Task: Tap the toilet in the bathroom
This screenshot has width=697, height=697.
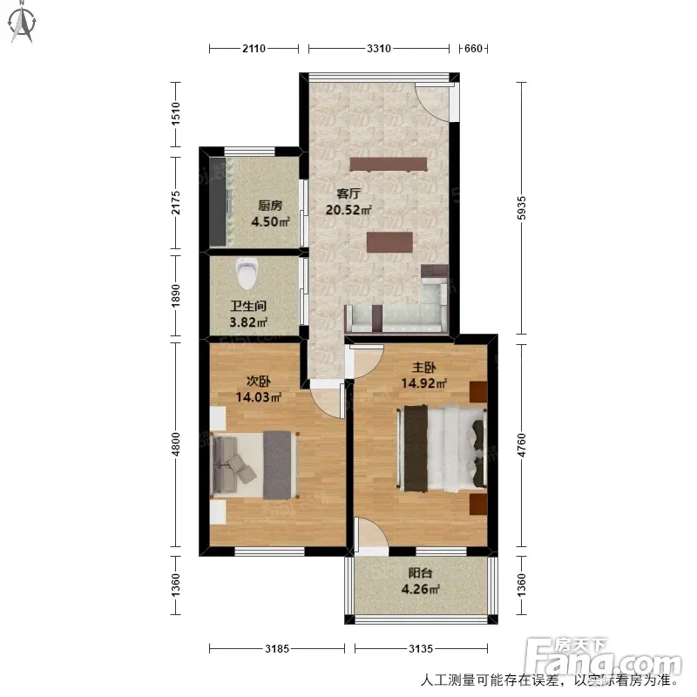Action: (x=247, y=273)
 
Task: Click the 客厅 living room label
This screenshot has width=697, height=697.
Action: (x=348, y=193)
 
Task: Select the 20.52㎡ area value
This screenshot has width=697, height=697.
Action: (x=348, y=210)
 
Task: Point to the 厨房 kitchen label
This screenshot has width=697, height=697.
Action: (x=270, y=206)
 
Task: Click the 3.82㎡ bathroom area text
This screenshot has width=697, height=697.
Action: (x=248, y=321)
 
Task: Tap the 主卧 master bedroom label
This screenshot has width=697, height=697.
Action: (x=423, y=367)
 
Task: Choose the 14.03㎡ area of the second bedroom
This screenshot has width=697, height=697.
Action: (x=258, y=397)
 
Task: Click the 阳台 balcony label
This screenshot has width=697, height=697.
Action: (x=420, y=572)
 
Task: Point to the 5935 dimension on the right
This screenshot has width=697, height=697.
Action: (x=522, y=207)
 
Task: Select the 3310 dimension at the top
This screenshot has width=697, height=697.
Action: (x=379, y=48)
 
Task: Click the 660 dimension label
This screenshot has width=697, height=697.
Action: (x=473, y=48)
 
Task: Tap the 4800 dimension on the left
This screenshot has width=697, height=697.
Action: (x=176, y=444)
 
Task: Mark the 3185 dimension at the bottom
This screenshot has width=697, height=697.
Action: (x=277, y=648)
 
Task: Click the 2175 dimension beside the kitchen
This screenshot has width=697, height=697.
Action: (x=176, y=203)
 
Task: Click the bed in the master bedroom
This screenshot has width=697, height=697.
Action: (x=442, y=448)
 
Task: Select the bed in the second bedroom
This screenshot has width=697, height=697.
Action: (x=254, y=464)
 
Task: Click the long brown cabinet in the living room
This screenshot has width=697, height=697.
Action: (x=388, y=164)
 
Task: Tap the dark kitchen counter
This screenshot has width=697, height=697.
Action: (x=217, y=201)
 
